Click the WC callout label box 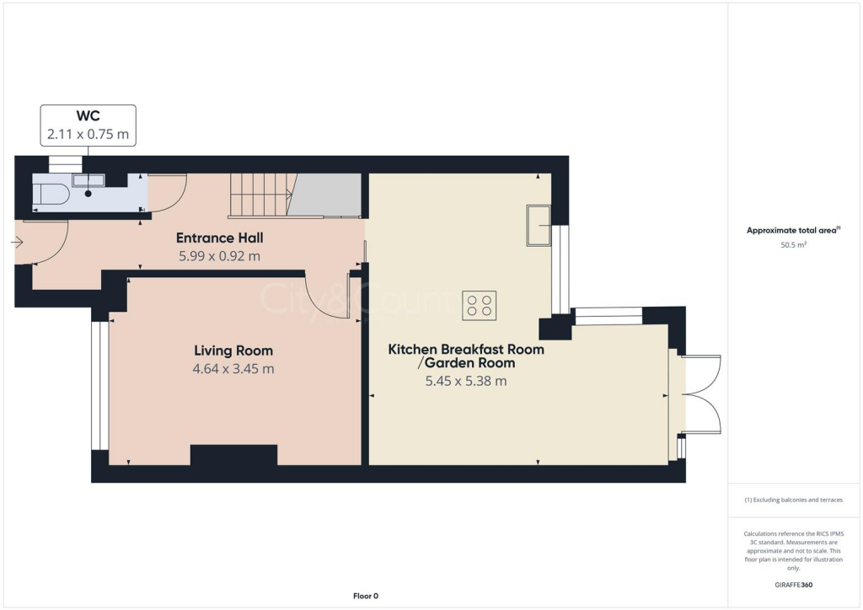click(88, 125)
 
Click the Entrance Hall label click(219, 238)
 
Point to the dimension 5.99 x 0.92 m click(219, 255)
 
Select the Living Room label click(233, 350)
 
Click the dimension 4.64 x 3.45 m click(233, 368)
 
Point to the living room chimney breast click(233, 455)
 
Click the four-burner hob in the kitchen click(479, 305)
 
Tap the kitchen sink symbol click(539, 225)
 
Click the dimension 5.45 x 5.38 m click(465, 381)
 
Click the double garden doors click(701, 394)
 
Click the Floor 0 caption click(365, 596)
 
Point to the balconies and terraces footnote click(794, 500)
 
